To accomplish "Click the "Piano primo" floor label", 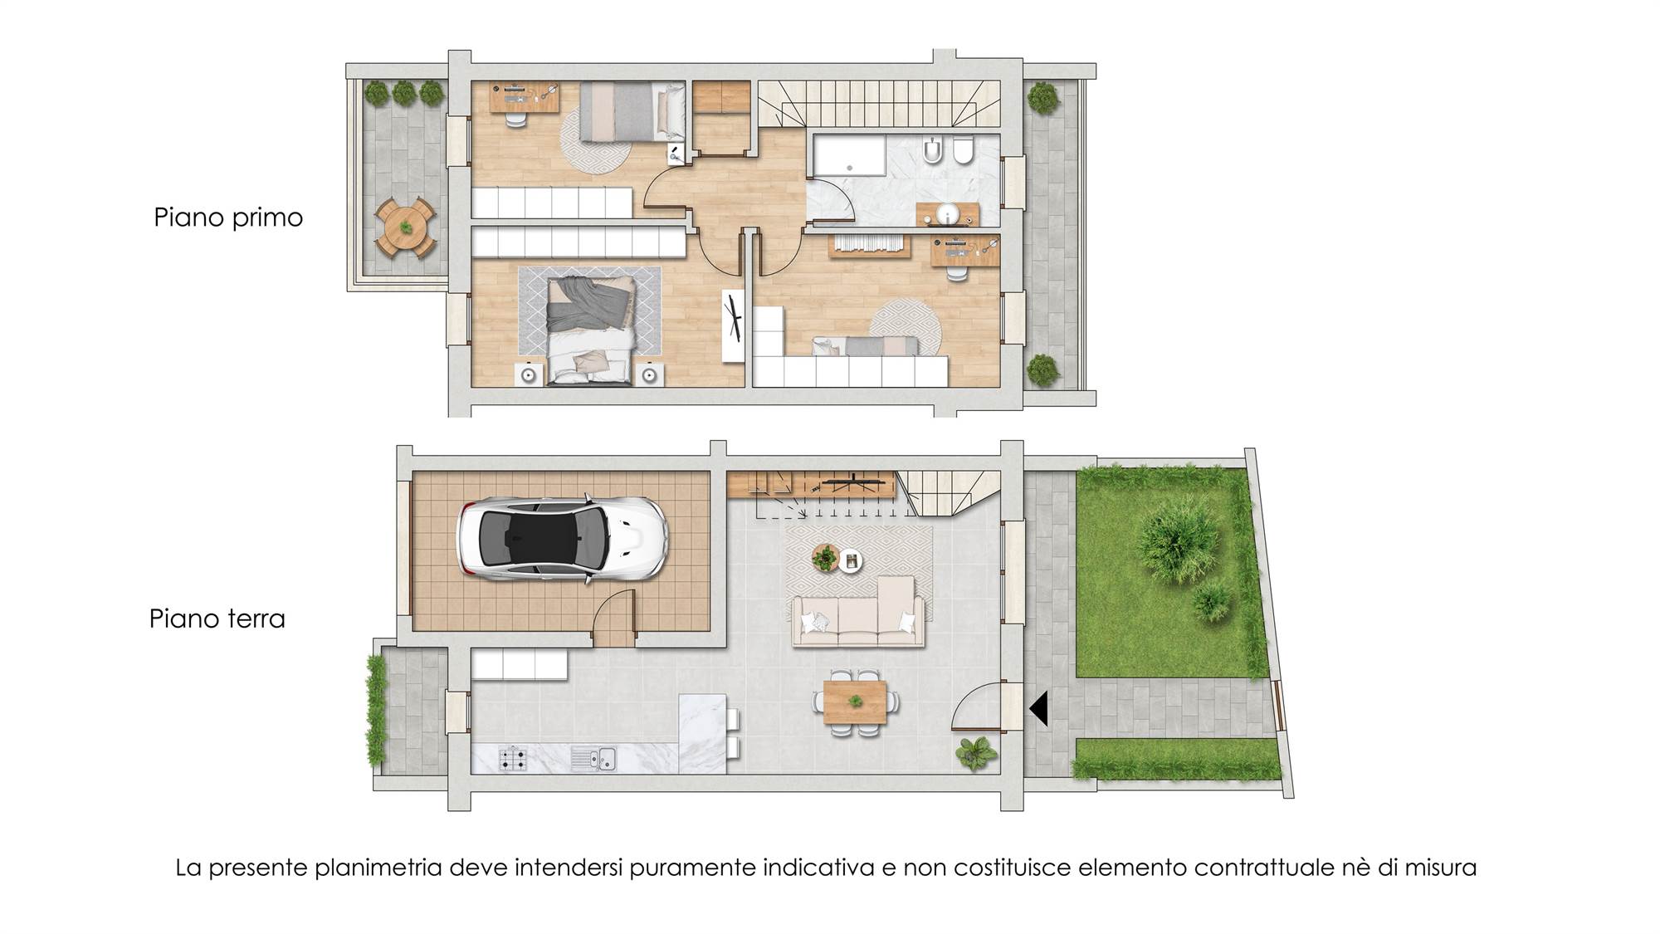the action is [228, 218].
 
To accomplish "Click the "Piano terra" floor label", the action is [217, 619].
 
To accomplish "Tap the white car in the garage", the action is [562, 539].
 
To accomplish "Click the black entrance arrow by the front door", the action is [1038, 708].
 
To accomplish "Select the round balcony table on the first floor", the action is [405, 227].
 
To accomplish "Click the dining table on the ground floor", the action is [856, 702].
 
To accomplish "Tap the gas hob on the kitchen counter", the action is [512, 758].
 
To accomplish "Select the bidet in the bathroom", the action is [933, 149].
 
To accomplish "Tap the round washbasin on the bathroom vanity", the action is [947, 215].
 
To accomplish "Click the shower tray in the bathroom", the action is [849, 156].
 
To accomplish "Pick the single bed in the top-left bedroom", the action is [632, 111].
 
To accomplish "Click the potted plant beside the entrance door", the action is [975, 753].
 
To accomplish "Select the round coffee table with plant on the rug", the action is [825, 557].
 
